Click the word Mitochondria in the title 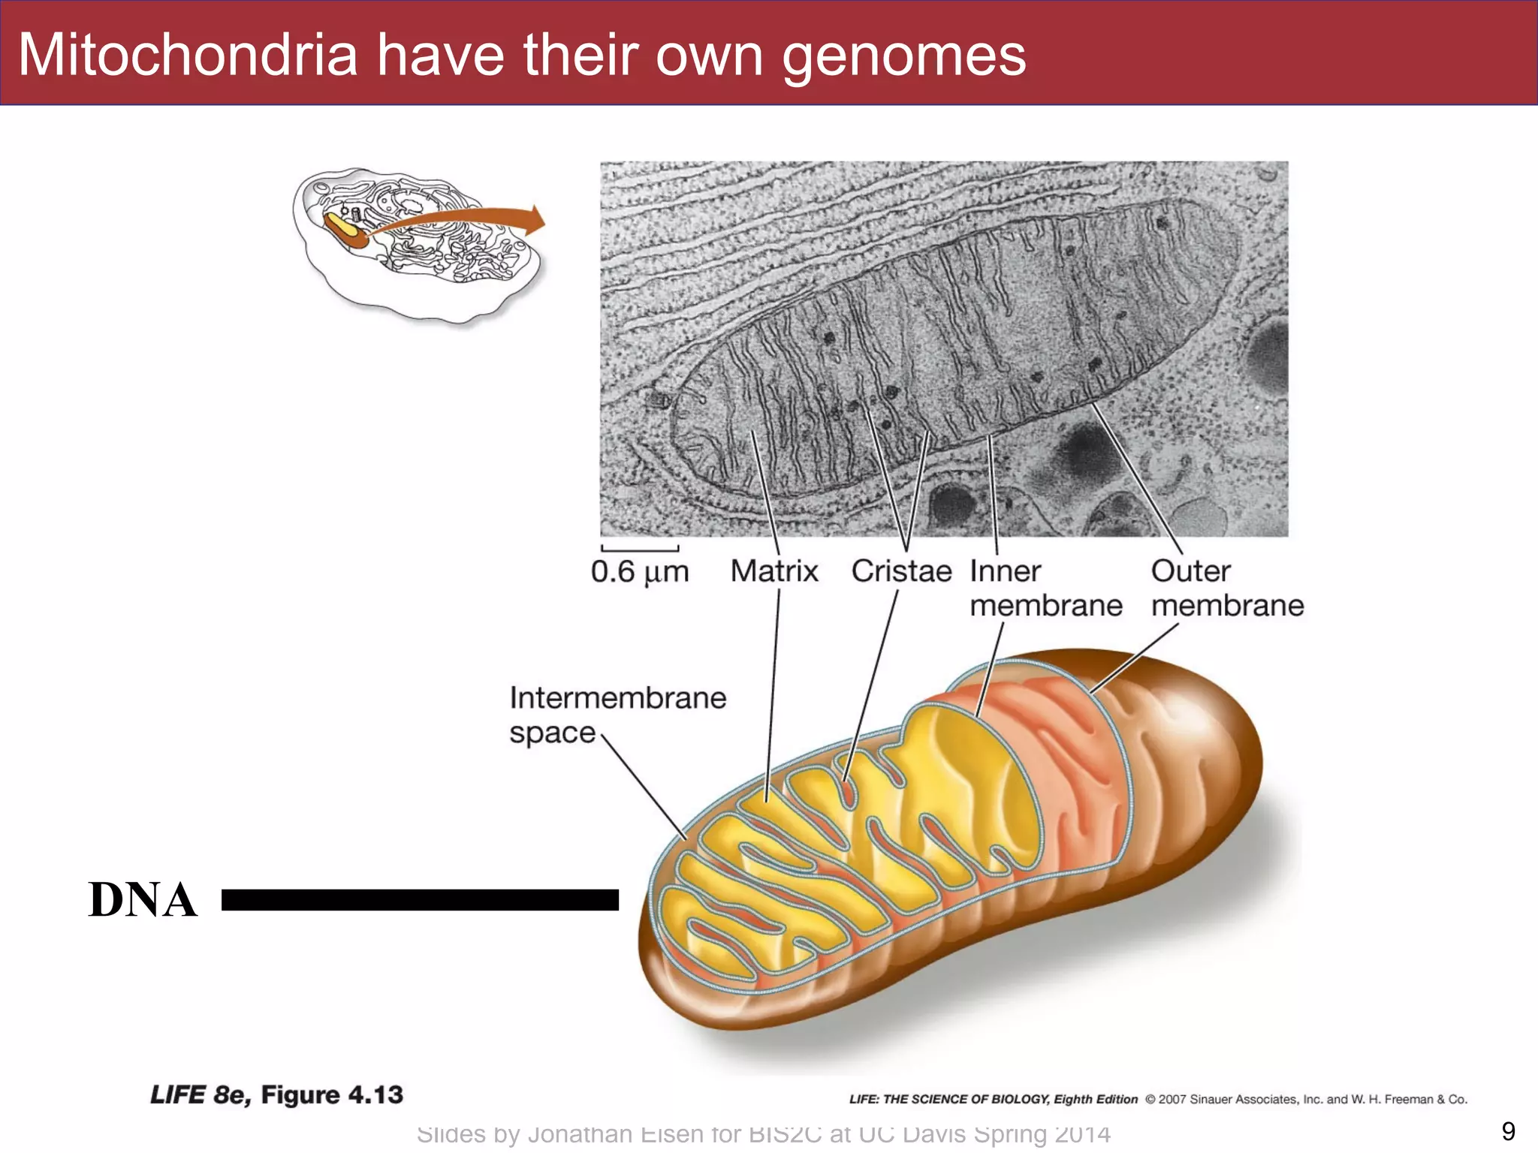click(x=188, y=55)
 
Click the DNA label click(x=143, y=899)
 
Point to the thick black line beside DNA click(x=420, y=899)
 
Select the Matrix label click(x=774, y=571)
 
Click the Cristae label click(x=901, y=571)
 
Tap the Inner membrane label click(x=1045, y=588)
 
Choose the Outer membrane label click(x=1227, y=588)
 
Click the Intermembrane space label click(x=617, y=715)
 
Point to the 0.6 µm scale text click(x=639, y=572)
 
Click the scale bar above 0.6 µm click(x=640, y=549)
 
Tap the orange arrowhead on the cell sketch click(x=535, y=220)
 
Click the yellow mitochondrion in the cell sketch click(x=342, y=227)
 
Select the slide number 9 click(x=1508, y=1131)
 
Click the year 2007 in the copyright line click(x=1172, y=1099)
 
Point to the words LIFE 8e click(x=199, y=1095)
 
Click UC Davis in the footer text click(x=912, y=1133)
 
